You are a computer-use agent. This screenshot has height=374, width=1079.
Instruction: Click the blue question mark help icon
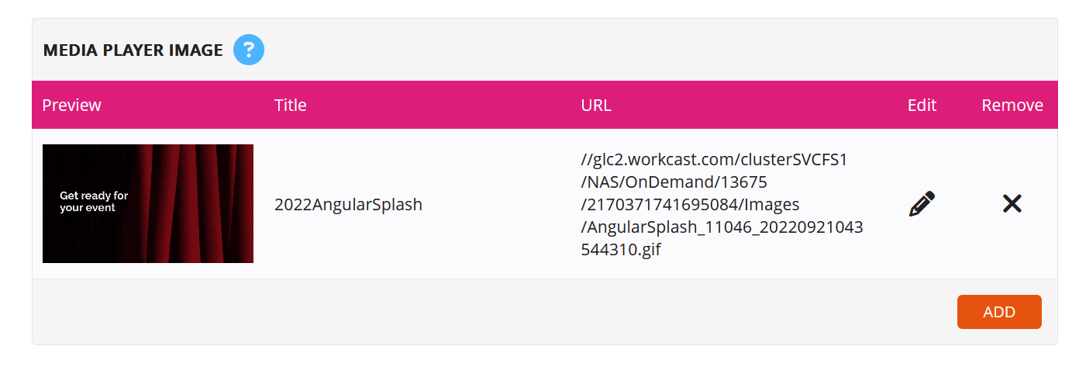(249, 50)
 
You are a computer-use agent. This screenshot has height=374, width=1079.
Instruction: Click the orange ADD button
(999, 312)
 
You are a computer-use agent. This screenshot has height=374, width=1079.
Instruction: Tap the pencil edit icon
(922, 204)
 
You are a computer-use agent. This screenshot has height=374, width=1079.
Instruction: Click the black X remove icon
(1012, 203)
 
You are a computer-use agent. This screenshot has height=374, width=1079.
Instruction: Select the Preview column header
(71, 105)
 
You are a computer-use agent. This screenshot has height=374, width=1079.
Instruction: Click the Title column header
(290, 105)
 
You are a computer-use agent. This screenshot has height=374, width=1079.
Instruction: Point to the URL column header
(596, 105)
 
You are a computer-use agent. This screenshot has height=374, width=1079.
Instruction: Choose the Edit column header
(922, 105)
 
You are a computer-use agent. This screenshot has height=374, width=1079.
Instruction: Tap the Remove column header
(1012, 105)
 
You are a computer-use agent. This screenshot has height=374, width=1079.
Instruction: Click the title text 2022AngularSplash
(348, 204)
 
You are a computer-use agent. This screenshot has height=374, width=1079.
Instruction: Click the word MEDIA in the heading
(71, 50)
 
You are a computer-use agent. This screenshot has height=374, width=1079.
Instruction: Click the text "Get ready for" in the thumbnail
(94, 196)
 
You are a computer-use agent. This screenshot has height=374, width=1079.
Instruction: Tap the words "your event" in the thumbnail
(87, 208)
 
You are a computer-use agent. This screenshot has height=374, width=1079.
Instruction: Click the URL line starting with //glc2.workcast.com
(714, 159)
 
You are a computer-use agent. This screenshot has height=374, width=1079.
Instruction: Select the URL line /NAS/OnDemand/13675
(674, 182)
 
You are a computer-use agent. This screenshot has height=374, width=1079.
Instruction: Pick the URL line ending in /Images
(690, 204)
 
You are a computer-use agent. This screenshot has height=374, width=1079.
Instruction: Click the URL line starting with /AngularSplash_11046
(722, 227)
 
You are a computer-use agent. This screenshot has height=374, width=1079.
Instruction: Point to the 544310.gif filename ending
(621, 250)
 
